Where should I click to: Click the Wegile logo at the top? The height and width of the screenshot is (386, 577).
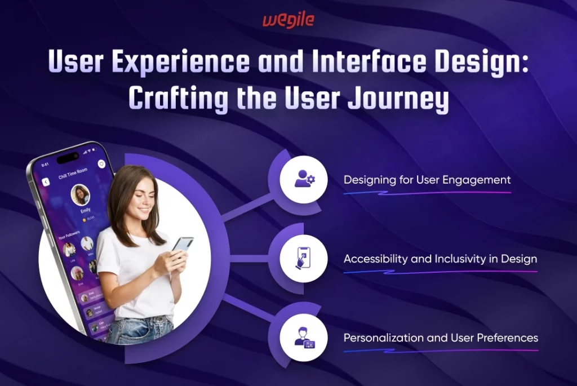(x=288, y=21)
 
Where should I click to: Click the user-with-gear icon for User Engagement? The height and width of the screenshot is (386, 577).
(x=304, y=180)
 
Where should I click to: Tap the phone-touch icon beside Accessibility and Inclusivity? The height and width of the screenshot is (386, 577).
(x=304, y=259)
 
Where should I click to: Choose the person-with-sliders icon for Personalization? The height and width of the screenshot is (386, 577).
(x=304, y=338)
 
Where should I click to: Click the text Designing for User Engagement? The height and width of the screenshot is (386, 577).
(x=427, y=180)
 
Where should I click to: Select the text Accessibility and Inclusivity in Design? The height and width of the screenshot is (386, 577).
(x=440, y=259)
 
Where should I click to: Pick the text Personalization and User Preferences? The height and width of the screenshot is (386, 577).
(x=441, y=338)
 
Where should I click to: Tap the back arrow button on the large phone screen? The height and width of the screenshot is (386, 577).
(x=46, y=182)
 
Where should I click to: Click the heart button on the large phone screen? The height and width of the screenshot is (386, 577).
(x=101, y=164)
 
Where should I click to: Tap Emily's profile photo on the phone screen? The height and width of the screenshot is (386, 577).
(x=81, y=195)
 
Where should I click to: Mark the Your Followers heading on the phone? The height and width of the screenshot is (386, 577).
(x=69, y=232)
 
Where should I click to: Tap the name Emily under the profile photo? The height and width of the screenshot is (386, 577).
(x=85, y=210)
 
